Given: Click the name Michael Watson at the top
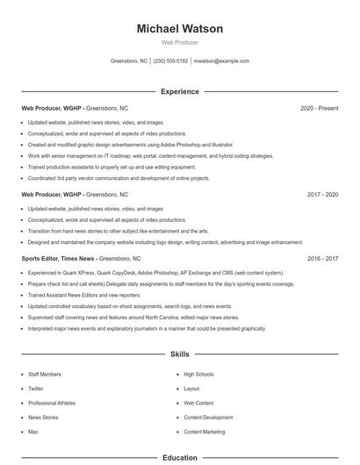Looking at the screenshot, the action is click(x=179, y=29).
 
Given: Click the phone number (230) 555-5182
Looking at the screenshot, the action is click(x=170, y=61).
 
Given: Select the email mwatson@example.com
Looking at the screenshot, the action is click(x=221, y=61).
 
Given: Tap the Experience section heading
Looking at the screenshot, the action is click(x=179, y=91).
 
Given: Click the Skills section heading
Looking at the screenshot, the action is click(x=179, y=354).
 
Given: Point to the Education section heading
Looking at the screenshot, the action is click(x=179, y=457).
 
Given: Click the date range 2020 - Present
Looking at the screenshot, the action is click(x=319, y=108).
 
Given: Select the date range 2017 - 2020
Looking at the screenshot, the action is click(x=321, y=194).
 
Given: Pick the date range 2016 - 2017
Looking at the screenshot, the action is click(x=321, y=259).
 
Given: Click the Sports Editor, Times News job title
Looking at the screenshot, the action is click(x=58, y=259).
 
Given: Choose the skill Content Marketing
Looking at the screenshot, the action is click(x=204, y=432).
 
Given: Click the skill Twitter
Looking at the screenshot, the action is click(x=36, y=388).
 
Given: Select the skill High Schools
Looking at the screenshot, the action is click(x=198, y=374).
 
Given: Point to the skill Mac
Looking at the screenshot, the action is click(x=33, y=432).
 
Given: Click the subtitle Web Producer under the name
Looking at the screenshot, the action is click(x=179, y=42).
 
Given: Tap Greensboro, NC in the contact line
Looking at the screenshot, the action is click(x=129, y=61).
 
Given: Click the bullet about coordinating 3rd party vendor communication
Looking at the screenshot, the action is click(x=119, y=178).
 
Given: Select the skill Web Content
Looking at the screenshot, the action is click(x=198, y=403).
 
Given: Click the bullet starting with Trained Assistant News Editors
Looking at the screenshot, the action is click(x=84, y=296).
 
